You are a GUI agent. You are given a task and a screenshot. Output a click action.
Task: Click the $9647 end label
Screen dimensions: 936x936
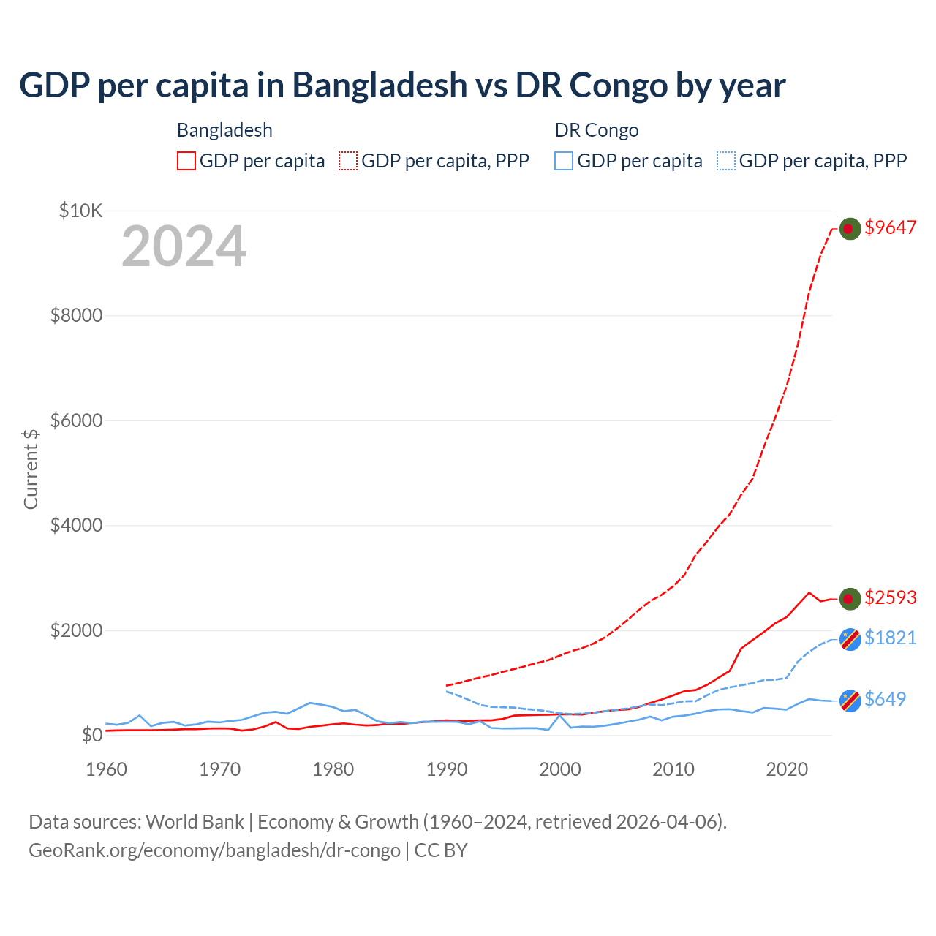[x=890, y=227]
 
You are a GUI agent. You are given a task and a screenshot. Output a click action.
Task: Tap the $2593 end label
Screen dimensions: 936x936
[x=890, y=597]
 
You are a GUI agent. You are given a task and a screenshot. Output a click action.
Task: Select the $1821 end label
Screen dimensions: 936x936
[x=890, y=638]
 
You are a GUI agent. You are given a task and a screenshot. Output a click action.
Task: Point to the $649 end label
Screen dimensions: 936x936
[x=885, y=699]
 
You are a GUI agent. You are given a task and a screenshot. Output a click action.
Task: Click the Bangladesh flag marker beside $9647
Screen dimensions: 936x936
[x=849, y=228]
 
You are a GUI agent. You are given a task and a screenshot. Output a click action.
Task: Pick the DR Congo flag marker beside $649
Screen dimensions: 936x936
[x=850, y=701]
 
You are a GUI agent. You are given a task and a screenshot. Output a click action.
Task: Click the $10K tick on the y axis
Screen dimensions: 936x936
[x=80, y=211]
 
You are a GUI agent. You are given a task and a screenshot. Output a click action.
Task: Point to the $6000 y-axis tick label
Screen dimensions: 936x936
[x=76, y=420]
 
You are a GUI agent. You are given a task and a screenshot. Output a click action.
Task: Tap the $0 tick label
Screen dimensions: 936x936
[x=91, y=735]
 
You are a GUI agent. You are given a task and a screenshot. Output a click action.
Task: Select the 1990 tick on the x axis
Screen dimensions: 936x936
[x=447, y=769]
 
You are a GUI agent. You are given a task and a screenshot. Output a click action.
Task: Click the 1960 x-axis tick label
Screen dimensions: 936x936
[x=107, y=769]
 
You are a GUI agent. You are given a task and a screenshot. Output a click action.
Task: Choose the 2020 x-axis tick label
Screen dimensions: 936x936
[x=787, y=769]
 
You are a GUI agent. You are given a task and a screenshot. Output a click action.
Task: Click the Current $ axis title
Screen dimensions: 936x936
[x=31, y=469]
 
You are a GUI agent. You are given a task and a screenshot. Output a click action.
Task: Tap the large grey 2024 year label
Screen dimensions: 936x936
[x=184, y=246]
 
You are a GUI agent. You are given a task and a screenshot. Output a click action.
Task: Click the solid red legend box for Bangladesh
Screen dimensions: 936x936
[x=186, y=161]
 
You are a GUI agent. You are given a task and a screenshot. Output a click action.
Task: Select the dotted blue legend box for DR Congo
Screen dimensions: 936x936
[x=726, y=161]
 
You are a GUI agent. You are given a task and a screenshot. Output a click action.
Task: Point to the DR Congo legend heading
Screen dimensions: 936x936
[x=597, y=130]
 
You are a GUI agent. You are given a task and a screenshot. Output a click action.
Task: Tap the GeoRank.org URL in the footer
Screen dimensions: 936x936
[x=214, y=850]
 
